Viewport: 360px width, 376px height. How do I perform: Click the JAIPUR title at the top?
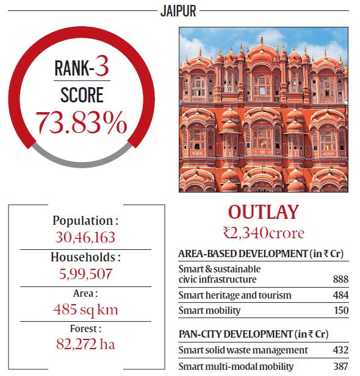point(180,10)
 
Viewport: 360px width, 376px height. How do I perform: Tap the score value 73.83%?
point(81,122)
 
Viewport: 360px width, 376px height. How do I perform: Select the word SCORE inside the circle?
point(81,95)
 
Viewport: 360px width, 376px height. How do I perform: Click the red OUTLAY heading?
point(264,212)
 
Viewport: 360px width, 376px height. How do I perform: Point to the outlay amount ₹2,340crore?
point(264,232)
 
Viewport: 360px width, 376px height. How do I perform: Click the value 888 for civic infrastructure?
point(340,279)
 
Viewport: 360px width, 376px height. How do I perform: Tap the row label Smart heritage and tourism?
point(235,295)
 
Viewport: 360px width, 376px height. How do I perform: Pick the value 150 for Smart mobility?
point(340,311)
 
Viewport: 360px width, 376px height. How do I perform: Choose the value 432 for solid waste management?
point(340,350)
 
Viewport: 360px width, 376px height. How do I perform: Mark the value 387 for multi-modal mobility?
point(340,366)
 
